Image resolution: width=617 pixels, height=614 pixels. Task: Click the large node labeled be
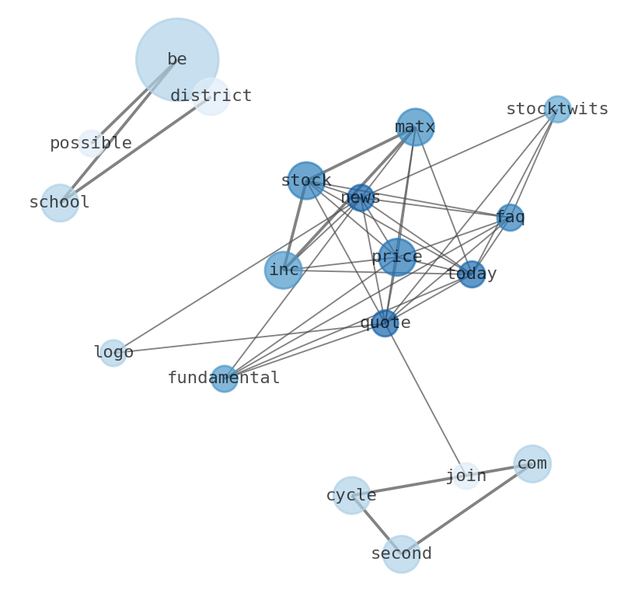pyautogui.click(x=176, y=59)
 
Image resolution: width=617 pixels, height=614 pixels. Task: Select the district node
pyautogui.click(x=211, y=96)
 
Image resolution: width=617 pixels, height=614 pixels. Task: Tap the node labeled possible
pyautogui.click(x=91, y=143)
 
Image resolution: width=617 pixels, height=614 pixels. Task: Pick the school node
pyautogui.click(x=60, y=203)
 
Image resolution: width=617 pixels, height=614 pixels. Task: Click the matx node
pyautogui.click(x=415, y=127)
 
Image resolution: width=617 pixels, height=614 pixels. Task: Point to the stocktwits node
pyautogui.click(x=557, y=109)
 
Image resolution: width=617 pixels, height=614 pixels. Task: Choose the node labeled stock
pyautogui.click(x=306, y=180)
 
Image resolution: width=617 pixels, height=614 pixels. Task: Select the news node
pyautogui.click(x=361, y=197)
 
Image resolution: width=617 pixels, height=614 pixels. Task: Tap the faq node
pyautogui.click(x=510, y=218)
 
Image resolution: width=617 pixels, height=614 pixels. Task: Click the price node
pyautogui.click(x=397, y=256)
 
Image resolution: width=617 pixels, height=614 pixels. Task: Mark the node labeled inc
pyautogui.click(x=284, y=270)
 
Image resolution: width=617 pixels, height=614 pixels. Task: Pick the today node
pyautogui.click(x=472, y=274)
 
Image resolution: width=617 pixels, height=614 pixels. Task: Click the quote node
pyautogui.click(x=385, y=323)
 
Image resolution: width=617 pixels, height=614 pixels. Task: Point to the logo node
pyautogui.click(x=113, y=353)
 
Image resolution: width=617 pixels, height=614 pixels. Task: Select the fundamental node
pyautogui.click(x=225, y=379)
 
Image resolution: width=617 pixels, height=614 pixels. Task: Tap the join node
pyautogui.click(x=466, y=476)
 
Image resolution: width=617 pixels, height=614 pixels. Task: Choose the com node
pyautogui.click(x=532, y=464)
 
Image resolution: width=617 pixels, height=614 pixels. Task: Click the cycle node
pyautogui.click(x=351, y=495)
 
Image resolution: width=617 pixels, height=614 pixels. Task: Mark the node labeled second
pyautogui.click(x=401, y=554)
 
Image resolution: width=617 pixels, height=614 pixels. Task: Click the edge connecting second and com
pyautogui.click(x=466, y=509)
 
